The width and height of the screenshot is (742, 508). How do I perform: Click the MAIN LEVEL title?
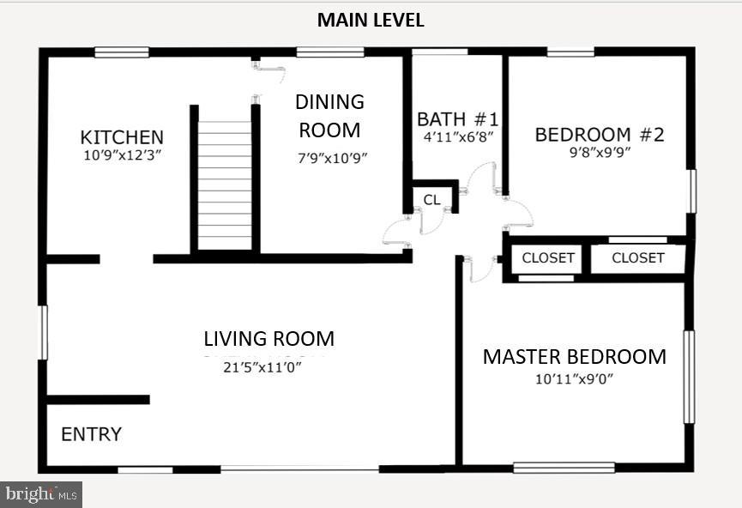[x=371, y=20]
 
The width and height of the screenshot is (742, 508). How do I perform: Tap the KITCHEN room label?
[x=122, y=137]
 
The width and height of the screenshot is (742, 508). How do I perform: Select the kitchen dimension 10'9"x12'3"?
[x=122, y=156]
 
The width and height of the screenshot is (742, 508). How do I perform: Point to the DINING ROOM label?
[x=329, y=116]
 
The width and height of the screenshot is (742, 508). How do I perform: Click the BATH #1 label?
[x=457, y=118]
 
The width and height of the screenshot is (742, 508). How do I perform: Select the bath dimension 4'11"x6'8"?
[x=457, y=136]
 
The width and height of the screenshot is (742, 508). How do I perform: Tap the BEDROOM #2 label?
[x=599, y=135]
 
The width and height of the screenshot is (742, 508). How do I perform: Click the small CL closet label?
[x=431, y=200]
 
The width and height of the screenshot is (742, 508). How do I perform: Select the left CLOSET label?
[x=548, y=257]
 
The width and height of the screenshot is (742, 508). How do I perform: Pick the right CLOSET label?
[x=638, y=257]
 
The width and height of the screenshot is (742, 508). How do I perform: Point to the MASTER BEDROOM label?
[x=574, y=357]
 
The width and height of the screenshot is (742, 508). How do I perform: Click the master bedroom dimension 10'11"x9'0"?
[x=574, y=378]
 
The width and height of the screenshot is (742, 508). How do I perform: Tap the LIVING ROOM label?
[x=268, y=339]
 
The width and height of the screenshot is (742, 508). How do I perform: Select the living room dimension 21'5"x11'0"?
[x=262, y=367]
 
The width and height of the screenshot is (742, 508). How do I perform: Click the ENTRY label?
[x=91, y=434]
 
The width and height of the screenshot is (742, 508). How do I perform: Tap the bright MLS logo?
[x=41, y=493]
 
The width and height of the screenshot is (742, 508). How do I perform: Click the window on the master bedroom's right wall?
[x=688, y=377]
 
